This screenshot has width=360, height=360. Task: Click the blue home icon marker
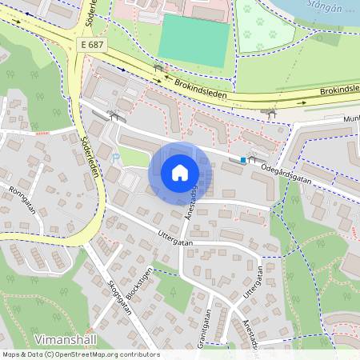[180, 173]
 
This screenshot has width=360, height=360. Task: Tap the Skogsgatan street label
[120, 300]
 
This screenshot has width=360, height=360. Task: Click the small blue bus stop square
[242, 161]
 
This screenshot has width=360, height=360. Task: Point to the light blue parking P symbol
[117, 158]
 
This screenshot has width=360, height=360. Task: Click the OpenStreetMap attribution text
[81, 354]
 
